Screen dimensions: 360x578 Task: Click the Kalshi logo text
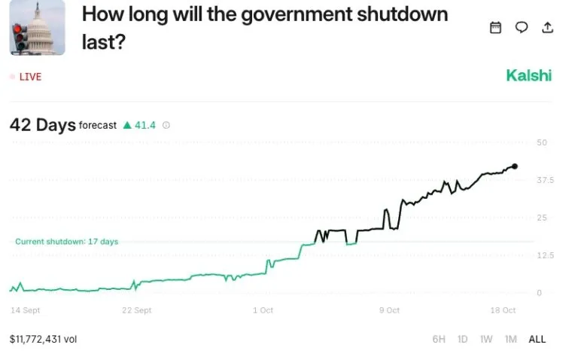(528, 75)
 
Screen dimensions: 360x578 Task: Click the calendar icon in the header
(495, 27)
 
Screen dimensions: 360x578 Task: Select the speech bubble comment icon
(522, 27)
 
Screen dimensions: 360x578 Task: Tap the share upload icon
(548, 27)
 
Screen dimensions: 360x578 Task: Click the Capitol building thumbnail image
(37, 28)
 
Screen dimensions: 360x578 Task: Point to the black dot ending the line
(515, 166)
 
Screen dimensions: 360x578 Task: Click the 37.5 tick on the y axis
(545, 180)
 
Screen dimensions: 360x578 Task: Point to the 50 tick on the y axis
(542, 142)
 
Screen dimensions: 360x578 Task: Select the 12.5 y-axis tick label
(545, 255)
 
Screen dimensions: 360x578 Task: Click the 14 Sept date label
(26, 310)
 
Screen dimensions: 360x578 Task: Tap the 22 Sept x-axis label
(137, 310)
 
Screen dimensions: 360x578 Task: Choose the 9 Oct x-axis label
(389, 310)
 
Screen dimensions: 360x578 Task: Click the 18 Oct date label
(503, 310)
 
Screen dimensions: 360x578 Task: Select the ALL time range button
(537, 339)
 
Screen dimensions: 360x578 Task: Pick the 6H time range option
(439, 339)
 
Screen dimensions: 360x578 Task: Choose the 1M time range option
(511, 339)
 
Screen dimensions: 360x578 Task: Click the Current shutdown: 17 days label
(66, 242)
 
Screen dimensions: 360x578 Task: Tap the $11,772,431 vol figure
(43, 339)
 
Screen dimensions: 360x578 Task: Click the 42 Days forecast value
(42, 125)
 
